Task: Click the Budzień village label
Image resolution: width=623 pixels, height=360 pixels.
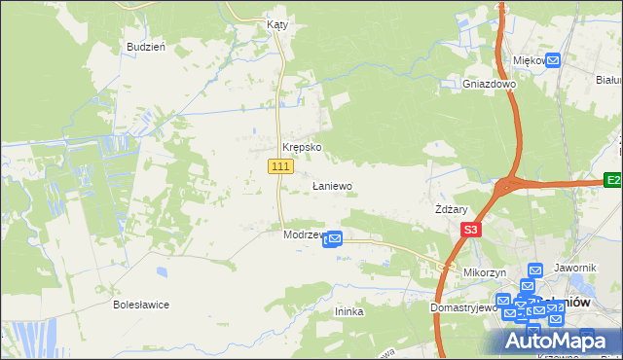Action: point(146,47)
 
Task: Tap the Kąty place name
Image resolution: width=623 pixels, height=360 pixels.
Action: point(276,24)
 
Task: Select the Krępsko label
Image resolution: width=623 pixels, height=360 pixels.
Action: point(302,148)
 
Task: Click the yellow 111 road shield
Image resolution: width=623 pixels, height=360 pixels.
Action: point(280,167)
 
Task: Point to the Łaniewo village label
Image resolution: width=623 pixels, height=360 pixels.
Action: point(332,185)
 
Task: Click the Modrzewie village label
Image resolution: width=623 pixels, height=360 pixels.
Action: point(302,235)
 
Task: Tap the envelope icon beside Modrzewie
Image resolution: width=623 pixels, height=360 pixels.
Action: point(333,237)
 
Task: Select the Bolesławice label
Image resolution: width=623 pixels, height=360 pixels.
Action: point(141,305)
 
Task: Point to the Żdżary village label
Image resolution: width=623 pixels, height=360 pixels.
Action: point(453,209)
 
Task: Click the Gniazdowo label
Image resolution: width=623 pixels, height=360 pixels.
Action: point(489,84)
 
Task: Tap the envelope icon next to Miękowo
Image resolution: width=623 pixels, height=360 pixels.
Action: point(553,61)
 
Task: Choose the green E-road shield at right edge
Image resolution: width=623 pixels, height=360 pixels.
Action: point(612,180)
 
